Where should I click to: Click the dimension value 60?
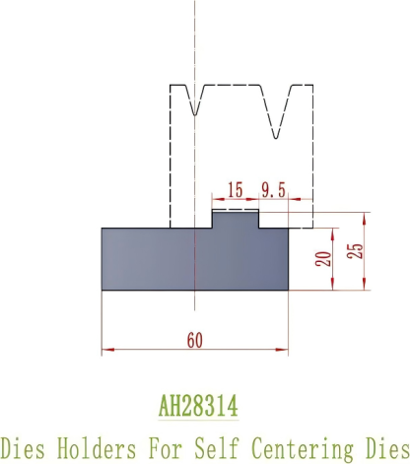(194, 340)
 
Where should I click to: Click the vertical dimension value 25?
(357, 250)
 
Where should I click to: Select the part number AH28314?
(199, 406)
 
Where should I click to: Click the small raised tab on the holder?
(237, 218)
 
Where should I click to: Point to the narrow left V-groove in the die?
(196, 99)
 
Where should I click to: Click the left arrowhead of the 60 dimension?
(107, 349)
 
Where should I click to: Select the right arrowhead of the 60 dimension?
(283, 349)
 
